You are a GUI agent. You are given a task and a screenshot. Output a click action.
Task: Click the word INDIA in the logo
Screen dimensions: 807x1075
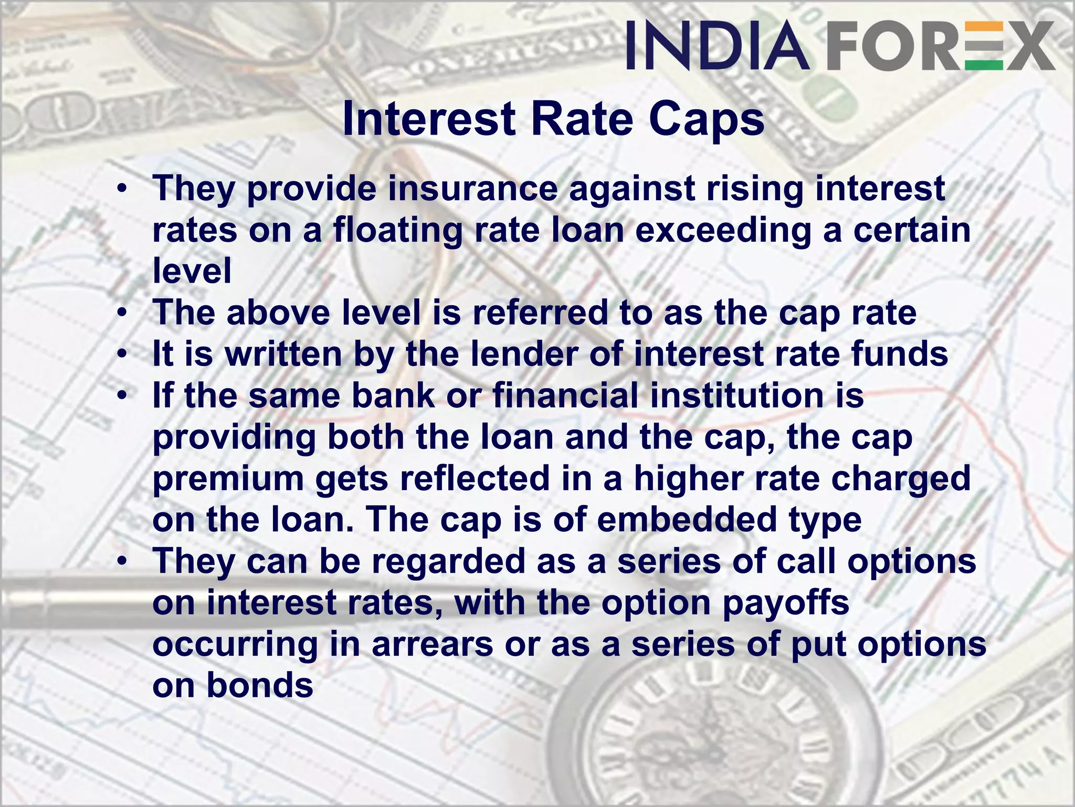pos(717,46)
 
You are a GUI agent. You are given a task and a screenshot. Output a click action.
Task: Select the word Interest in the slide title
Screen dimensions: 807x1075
pos(429,120)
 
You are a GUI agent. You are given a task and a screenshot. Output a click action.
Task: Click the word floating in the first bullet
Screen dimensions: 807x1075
pos(398,231)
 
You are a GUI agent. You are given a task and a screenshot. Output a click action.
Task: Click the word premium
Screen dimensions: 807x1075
pos(228,479)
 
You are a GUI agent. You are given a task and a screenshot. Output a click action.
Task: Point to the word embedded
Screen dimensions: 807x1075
pos(686,520)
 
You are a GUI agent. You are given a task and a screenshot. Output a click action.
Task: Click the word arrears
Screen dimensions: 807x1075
pos(432,645)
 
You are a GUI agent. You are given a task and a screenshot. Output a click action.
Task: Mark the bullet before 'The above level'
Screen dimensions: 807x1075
pos(122,314)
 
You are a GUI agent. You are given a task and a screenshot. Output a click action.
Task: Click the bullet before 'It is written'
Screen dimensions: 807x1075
pos(122,355)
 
